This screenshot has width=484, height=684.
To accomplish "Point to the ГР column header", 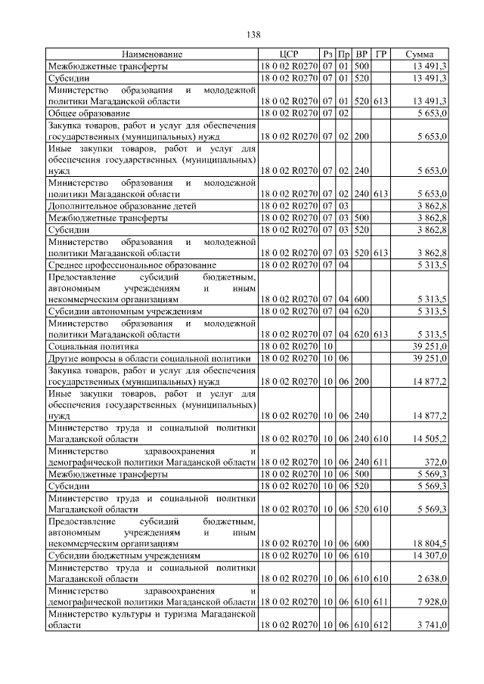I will pyautogui.click(x=381, y=55).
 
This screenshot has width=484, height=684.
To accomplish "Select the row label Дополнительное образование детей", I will pyautogui.click(x=123, y=205).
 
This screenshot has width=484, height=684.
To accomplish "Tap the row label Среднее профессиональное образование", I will pyautogui.click(x=132, y=265).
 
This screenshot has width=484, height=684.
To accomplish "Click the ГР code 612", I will pyautogui.click(x=381, y=624).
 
